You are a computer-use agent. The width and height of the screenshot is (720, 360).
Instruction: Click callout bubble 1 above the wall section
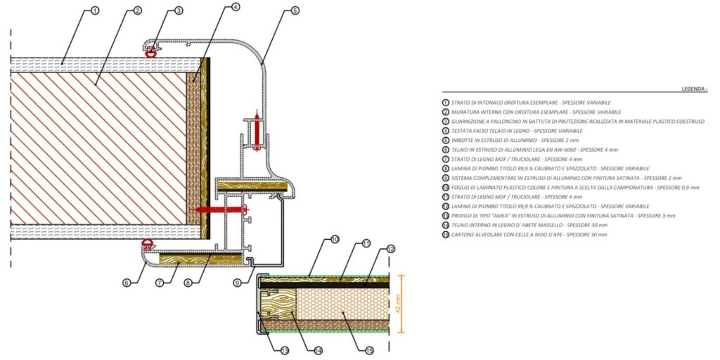click(x=95, y=11)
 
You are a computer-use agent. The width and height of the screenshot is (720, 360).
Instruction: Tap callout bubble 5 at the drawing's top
click(x=294, y=11)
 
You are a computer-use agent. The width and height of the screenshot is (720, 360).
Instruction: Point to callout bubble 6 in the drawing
click(x=127, y=283)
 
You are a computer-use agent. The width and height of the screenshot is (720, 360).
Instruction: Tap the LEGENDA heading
click(x=694, y=89)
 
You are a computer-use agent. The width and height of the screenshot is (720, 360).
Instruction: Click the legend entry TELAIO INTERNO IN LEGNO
click(x=527, y=225)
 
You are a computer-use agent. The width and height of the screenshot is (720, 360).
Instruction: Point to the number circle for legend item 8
click(x=445, y=168)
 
